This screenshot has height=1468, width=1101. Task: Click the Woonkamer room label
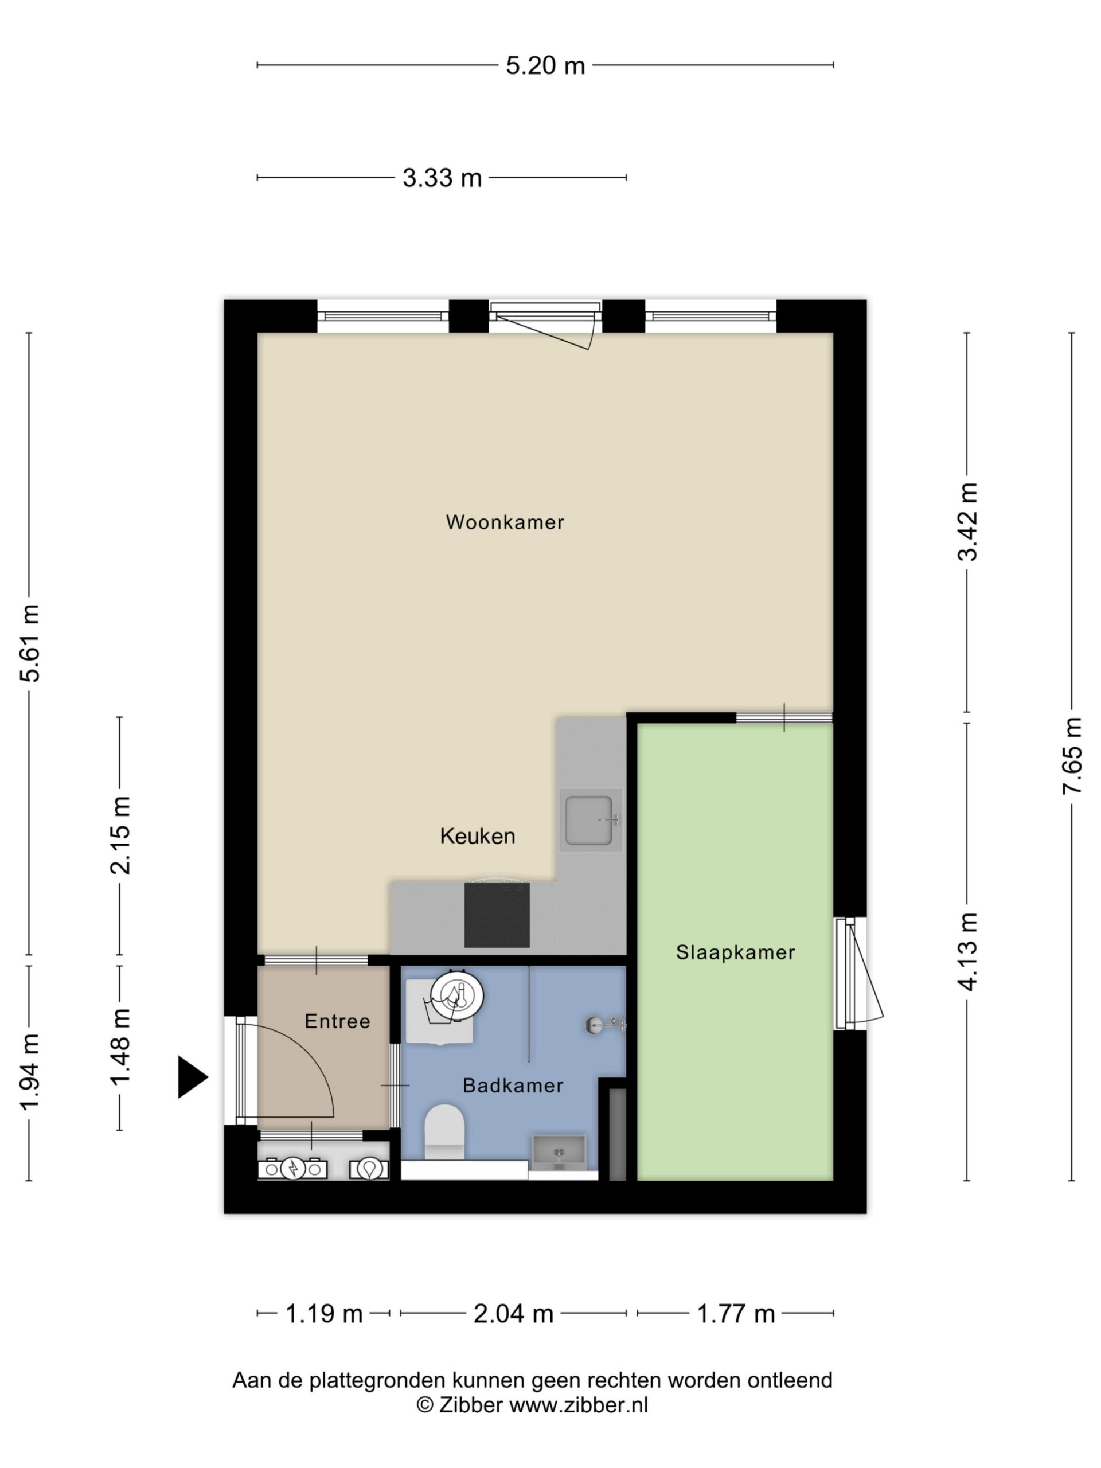click(x=505, y=522)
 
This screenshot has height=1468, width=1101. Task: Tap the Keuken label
click(x=477, y=835)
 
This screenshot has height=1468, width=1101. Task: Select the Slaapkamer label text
click(x=735, y=952)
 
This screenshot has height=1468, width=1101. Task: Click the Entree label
click(x=337, y=1021)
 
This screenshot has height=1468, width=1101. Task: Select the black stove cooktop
click(x=497, y=915)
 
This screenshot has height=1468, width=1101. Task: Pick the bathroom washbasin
click(x=558, y=1153)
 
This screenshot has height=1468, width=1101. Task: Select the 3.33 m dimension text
click(x=442, y=178)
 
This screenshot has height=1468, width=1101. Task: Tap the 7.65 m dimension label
click(x=1071, y=755)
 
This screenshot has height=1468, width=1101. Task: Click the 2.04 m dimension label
click(x=513, y=1313)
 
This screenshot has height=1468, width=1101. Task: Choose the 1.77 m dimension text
click(x=735, y=1313)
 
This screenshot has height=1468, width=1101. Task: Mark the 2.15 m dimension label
click(x=120, y=835)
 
